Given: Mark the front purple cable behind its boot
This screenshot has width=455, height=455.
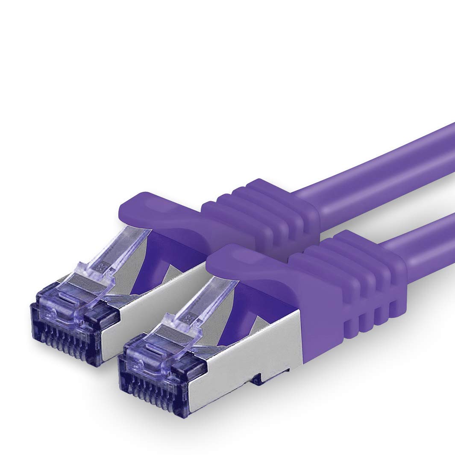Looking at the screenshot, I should pyautogui.click(x=427, y=239).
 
